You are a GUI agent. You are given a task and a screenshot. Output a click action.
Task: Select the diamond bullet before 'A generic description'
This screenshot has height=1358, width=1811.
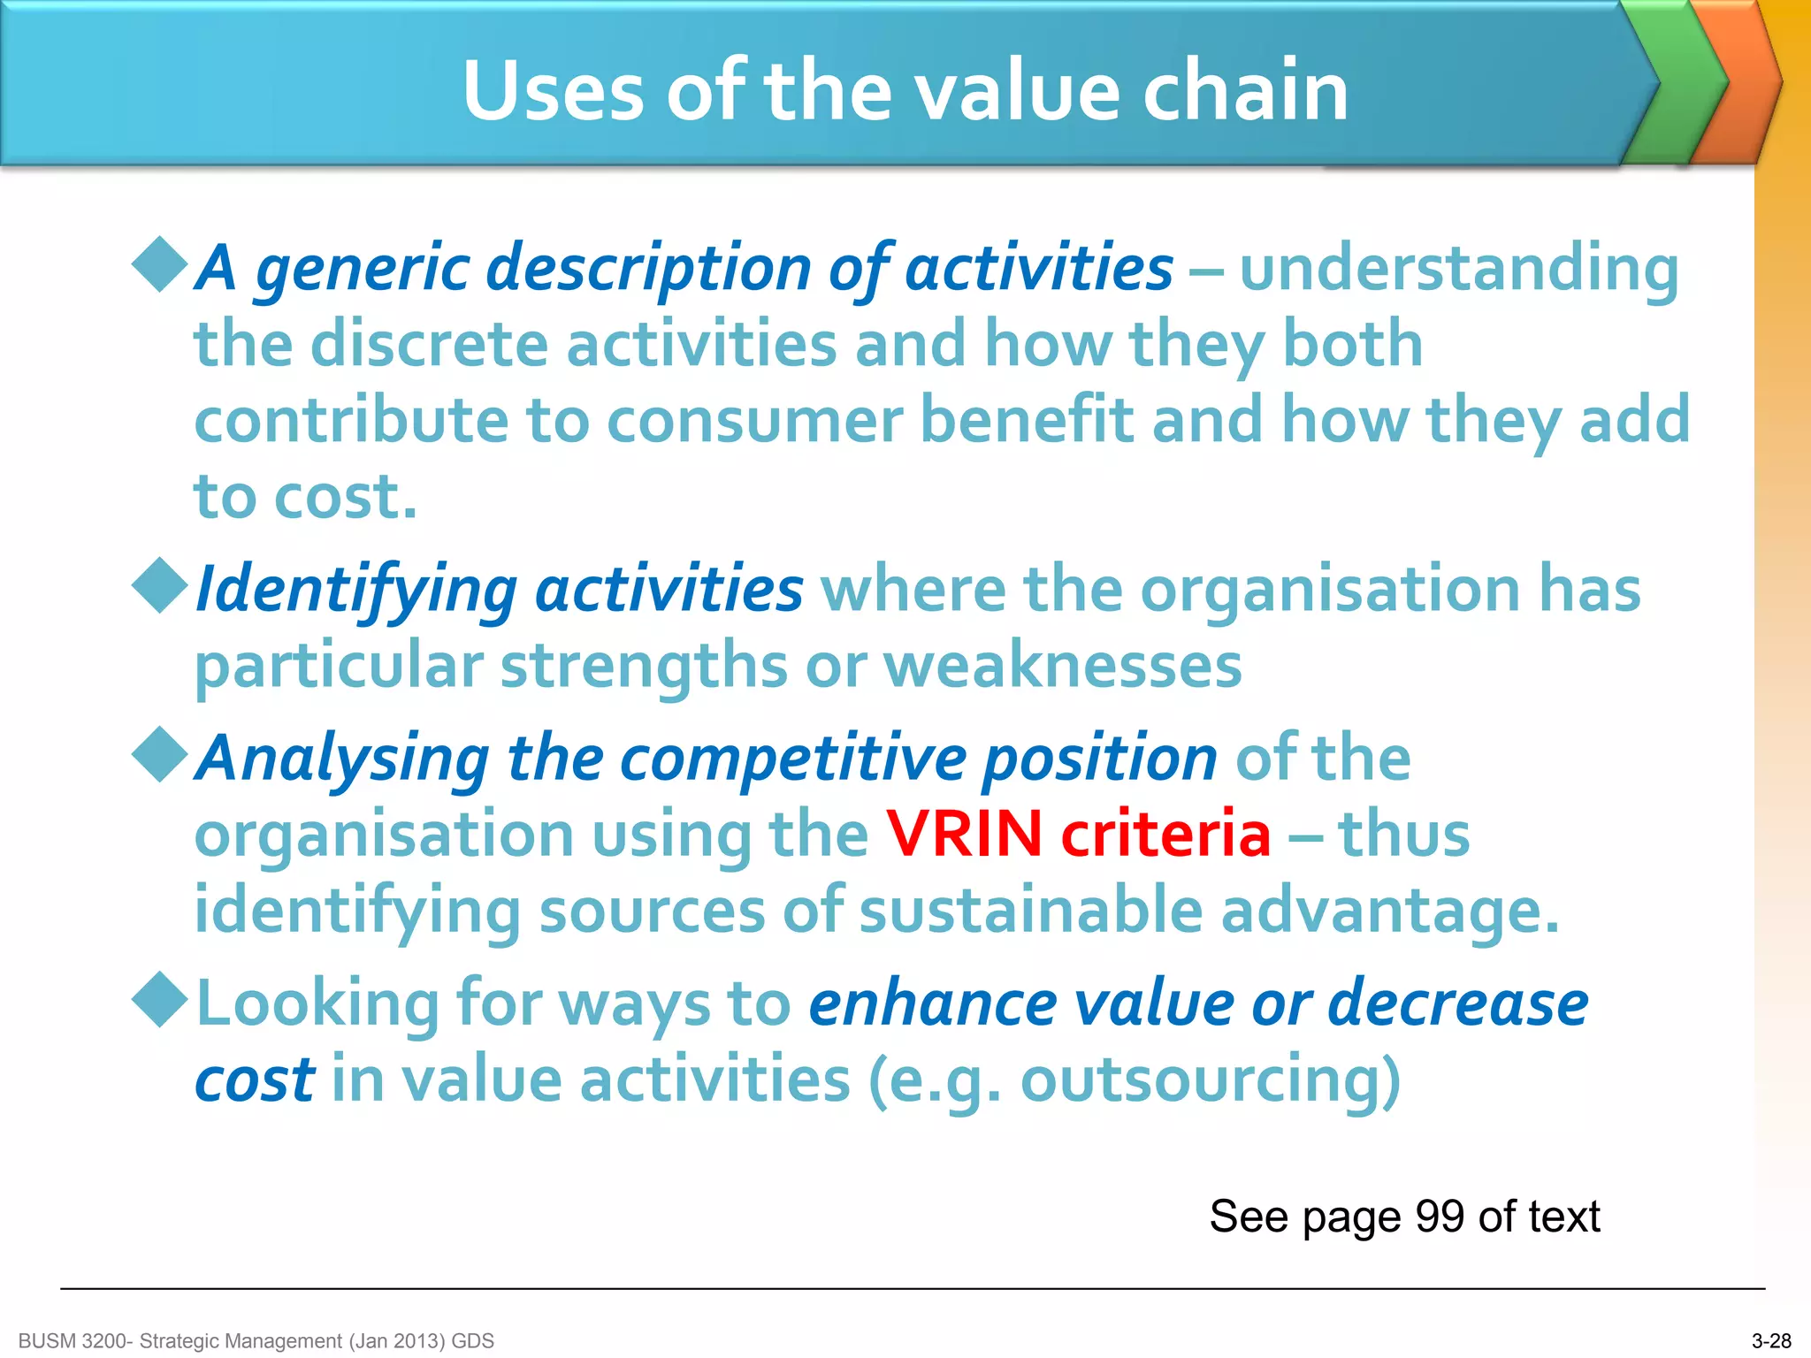point(160,263)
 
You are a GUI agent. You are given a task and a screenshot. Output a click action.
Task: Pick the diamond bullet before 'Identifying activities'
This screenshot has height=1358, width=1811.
point(160,584)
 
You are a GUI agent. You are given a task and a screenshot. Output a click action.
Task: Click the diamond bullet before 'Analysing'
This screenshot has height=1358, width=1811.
point(160,754)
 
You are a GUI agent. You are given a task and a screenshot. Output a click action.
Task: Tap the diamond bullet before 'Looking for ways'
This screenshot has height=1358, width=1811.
point(160,999)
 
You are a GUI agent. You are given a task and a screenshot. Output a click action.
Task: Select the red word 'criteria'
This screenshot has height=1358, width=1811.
point(1165,834)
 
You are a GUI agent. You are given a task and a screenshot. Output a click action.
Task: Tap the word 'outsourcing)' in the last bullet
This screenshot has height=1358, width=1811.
point(1210,1080)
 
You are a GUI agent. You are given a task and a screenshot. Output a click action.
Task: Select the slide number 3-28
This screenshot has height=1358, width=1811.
point(1771,1341)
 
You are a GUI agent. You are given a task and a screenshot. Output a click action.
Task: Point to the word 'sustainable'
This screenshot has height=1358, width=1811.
point(1030,911)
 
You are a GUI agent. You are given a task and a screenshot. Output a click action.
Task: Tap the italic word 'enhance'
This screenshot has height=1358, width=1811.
point(932,1003)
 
